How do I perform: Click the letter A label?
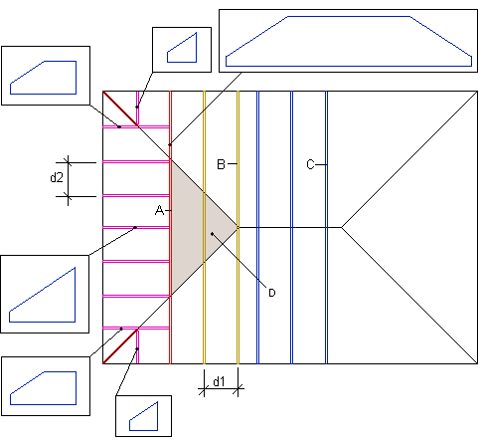point(159,210)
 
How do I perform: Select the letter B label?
point(221,164)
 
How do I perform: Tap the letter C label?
point(310,164)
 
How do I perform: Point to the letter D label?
point(272,293)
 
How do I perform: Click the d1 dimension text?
point(219,382)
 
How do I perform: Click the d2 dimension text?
point(57,178)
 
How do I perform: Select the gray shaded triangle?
point(196,227)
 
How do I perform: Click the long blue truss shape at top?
point(349,41)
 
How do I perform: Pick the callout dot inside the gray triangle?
point(212,234)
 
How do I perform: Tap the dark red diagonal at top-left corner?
point(120,109)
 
